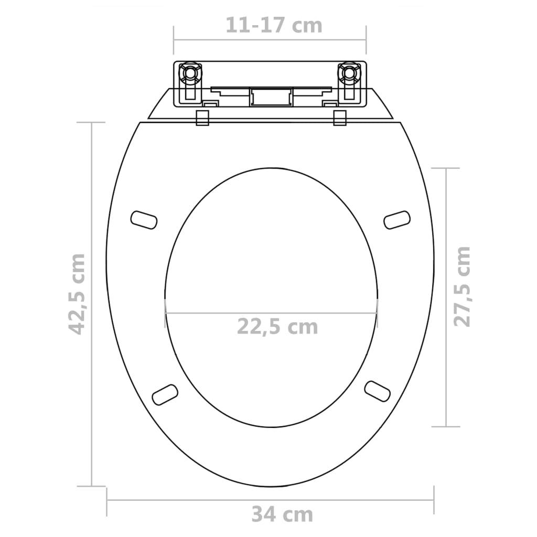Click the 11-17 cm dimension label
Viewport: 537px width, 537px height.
[274, 25]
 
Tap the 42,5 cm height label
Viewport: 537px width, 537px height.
[78, 294]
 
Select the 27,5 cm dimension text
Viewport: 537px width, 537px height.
[462, 286]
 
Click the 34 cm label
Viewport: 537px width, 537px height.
[282, 514]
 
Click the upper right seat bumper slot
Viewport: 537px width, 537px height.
[396, 219]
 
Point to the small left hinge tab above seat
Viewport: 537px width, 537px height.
[202, 117]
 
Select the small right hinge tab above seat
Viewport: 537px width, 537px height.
[339, 117]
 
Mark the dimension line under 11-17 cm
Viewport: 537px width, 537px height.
[270, 39]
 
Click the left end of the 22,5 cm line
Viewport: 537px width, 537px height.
[165, 314]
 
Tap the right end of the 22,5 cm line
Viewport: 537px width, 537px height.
[377, 314]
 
